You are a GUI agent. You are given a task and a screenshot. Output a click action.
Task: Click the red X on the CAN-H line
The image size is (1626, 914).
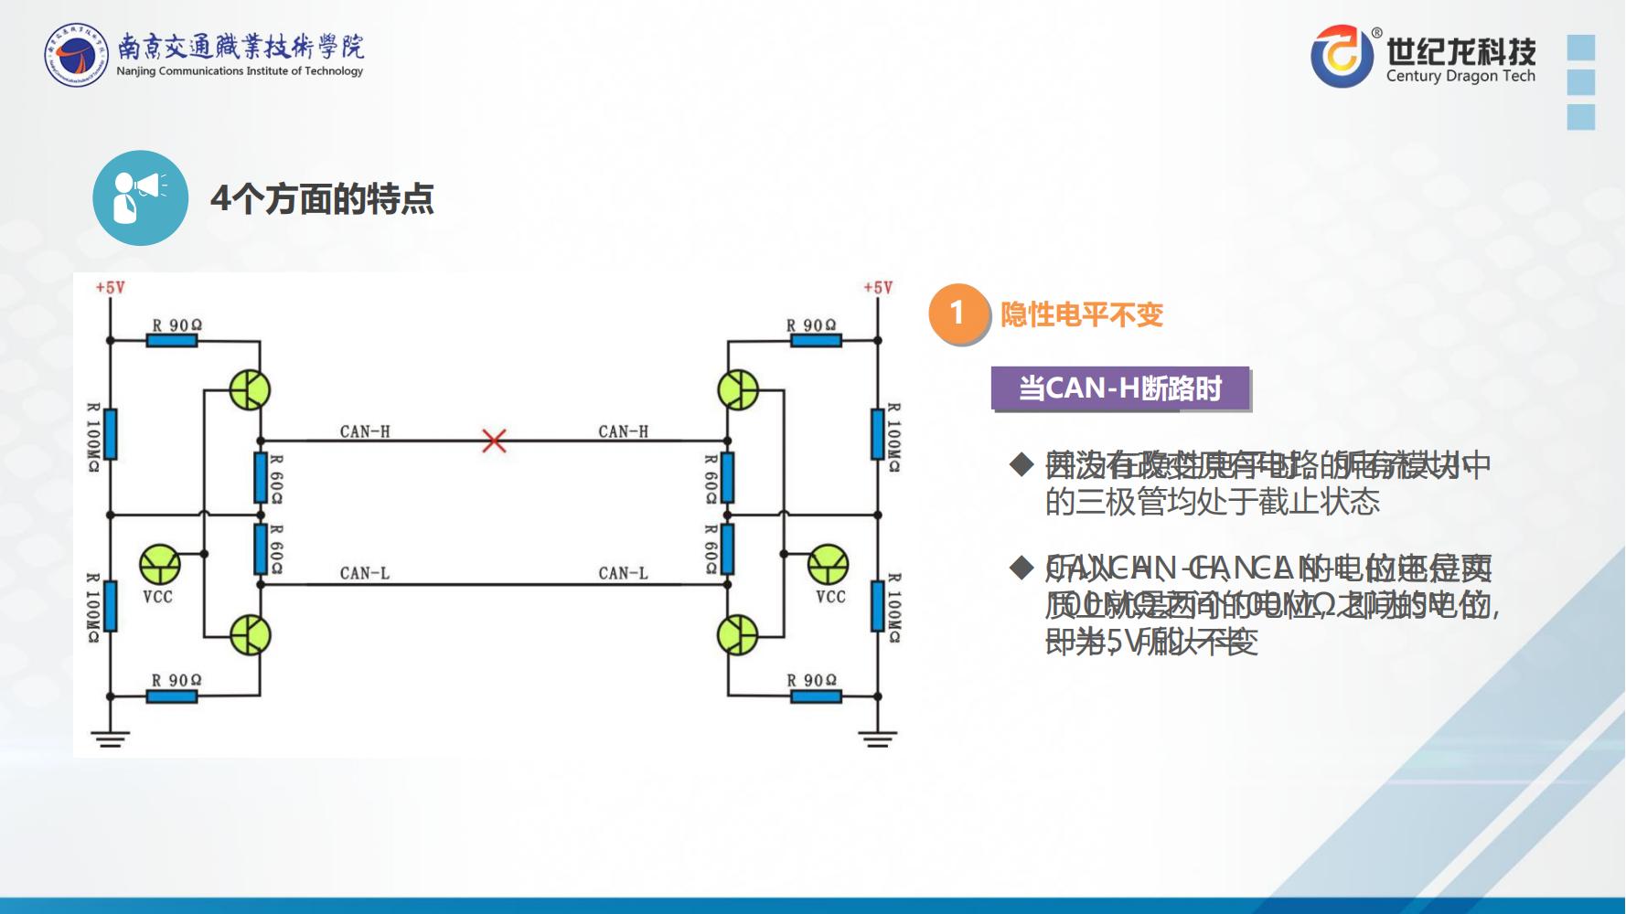click(x=494, y=441)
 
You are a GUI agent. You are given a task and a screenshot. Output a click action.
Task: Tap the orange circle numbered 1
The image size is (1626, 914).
click(x=957, y=314)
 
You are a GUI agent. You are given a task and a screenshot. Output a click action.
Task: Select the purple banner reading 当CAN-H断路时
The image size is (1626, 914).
click(x=1120, y=388)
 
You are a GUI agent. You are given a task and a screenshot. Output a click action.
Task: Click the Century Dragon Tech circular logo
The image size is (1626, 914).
click(x=1342, y=57)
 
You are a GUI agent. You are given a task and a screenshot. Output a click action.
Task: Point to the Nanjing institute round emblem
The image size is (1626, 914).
click(x=77, y=56)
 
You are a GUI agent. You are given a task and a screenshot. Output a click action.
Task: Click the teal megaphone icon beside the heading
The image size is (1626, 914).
click(x=140, y=197)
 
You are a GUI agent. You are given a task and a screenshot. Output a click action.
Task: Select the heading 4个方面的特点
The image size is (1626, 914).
click(x=322, y=198)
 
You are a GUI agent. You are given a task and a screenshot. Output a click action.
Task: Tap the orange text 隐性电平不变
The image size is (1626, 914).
click(x=1081, y=314)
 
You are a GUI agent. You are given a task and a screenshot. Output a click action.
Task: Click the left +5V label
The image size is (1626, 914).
click(x=110, y=287)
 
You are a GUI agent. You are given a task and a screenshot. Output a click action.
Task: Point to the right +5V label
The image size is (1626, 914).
click(x=878, y=287)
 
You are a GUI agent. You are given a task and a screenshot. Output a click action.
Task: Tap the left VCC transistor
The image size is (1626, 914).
click(x=160, y=564)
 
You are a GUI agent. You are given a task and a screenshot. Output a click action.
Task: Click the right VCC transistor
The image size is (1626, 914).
click(x=829, y=564)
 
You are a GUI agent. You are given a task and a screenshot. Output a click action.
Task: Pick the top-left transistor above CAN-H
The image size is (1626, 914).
click(x=250, y=390)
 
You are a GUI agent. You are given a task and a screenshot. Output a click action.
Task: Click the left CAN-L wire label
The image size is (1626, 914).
click(x=364, y=573)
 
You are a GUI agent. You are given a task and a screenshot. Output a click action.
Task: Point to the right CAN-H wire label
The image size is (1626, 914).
click(x=623, y=431)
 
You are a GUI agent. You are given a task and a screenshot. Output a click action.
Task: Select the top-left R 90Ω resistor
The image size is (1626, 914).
click(x=172, y=340)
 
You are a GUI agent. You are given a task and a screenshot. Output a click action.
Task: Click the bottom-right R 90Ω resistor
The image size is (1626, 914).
click(x=816, y=696)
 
